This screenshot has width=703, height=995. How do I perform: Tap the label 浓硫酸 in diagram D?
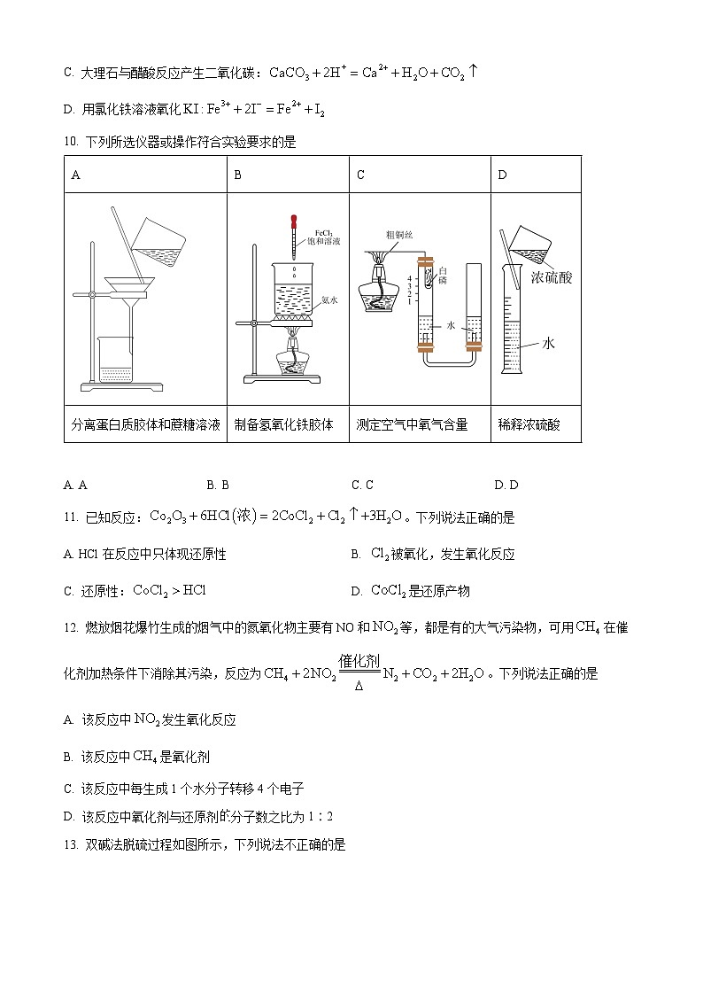[551, 277]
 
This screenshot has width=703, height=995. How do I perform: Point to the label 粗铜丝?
[398, 235]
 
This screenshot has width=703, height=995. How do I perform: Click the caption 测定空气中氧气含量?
[412, 424]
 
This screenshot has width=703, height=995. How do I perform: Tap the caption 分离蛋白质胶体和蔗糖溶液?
[145, 424]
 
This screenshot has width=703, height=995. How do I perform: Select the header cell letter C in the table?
[360, 175]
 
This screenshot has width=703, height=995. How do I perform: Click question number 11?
[71, 517]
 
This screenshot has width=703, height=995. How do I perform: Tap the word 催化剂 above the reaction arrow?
[359, 662]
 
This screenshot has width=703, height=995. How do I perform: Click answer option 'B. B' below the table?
[218, 485]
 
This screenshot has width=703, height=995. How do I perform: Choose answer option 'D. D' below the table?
[506, 485]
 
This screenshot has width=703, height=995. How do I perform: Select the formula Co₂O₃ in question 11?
[166, 517]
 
